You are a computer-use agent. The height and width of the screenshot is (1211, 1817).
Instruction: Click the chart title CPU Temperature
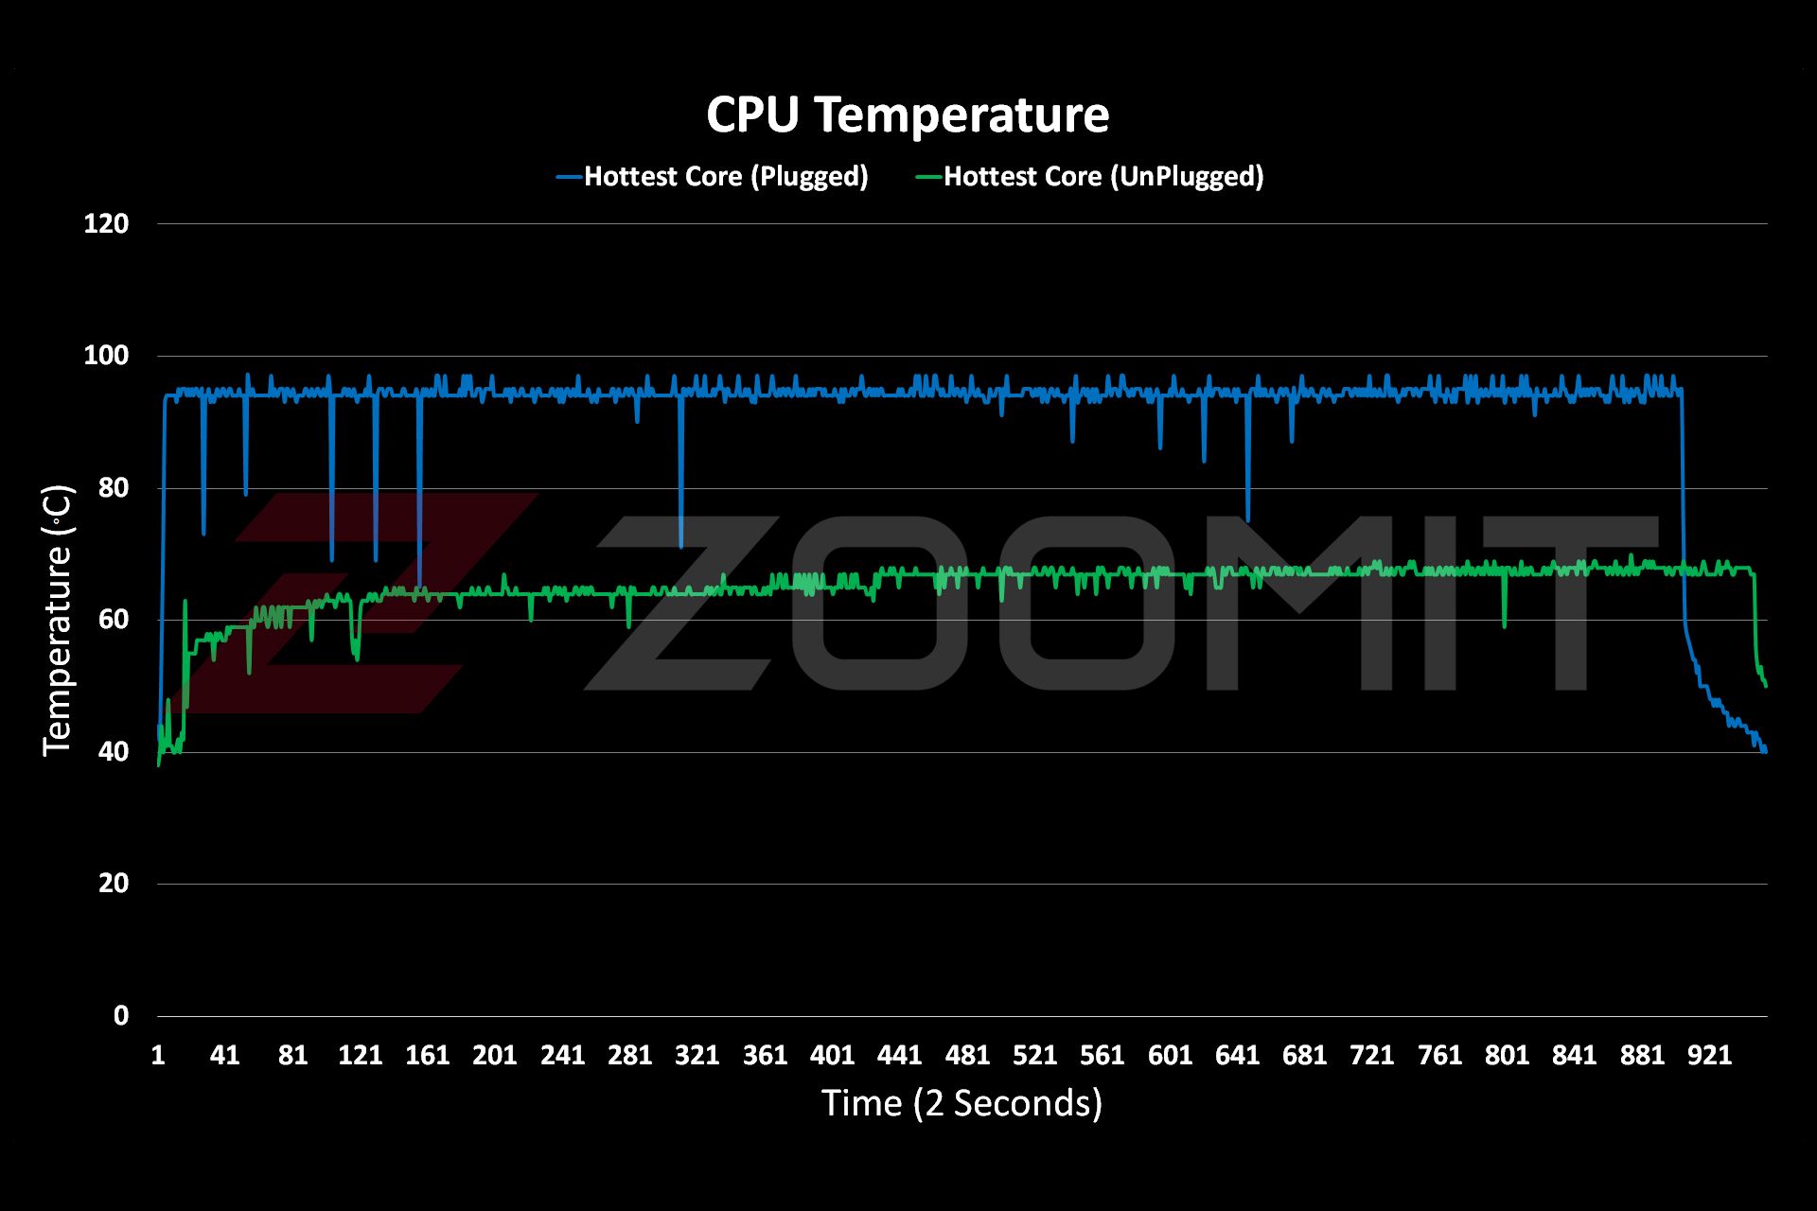coord(908,115)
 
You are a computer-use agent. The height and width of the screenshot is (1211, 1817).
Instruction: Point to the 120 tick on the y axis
coord(106,224)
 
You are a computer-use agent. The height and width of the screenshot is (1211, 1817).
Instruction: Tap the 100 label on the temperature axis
coord(106,357)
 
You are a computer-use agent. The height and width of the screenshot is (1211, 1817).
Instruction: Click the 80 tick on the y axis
coord(113,488)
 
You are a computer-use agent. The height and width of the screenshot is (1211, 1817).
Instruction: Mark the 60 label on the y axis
coord(113,620)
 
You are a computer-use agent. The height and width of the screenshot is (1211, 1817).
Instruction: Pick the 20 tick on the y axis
coord(113,884)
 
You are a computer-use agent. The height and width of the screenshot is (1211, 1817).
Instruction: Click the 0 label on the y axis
coord(120,1015)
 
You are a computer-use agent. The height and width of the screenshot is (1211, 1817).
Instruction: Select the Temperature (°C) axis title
coord(58,620)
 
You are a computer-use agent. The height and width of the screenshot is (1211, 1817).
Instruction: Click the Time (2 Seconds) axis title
coord(961,1103)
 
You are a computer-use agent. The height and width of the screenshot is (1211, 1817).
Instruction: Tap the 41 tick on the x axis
coord(224,1055)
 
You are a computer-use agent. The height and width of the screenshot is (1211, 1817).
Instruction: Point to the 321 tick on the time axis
coord(697,1055)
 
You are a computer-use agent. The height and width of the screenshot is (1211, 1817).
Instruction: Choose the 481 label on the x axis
coord(967,1055)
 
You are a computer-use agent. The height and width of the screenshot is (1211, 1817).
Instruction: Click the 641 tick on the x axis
coord(1237,1055)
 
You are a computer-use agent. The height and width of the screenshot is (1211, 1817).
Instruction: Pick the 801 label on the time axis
coord(1507,1055)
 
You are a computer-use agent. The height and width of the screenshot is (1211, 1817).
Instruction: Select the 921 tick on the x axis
coord(1709,1055)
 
